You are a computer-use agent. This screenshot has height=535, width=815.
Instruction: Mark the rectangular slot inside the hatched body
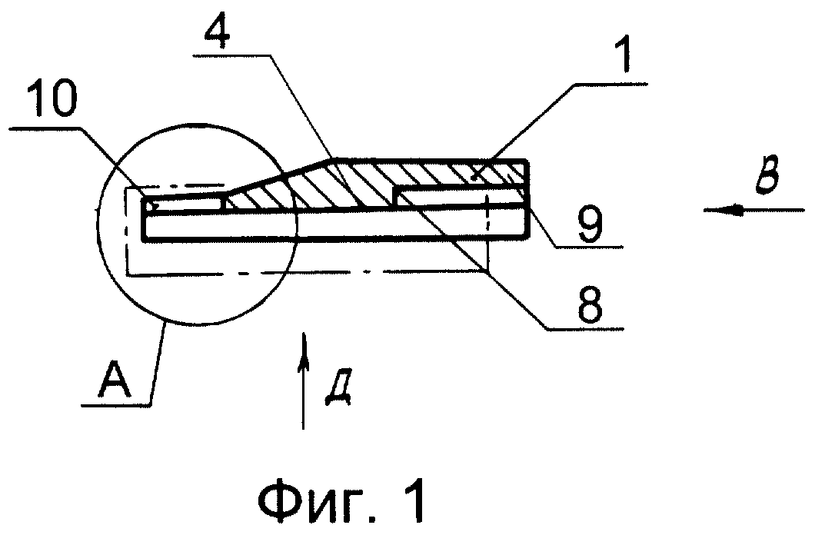[x=462, y=198]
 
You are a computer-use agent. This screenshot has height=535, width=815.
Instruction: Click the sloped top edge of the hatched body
[x=281, y=175]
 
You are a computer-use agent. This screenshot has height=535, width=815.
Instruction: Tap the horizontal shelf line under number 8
[x=585, y=327]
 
